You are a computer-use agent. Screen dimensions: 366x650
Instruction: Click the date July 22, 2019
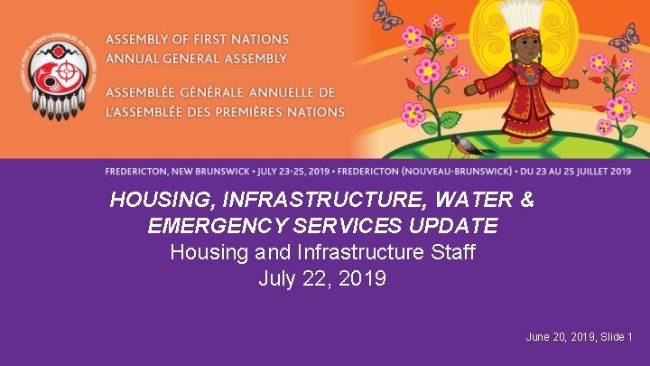pyautogui.click(x=322, y=278)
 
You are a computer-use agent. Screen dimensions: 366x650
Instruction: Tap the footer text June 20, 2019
pyautogui.click(x=558, y=337)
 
